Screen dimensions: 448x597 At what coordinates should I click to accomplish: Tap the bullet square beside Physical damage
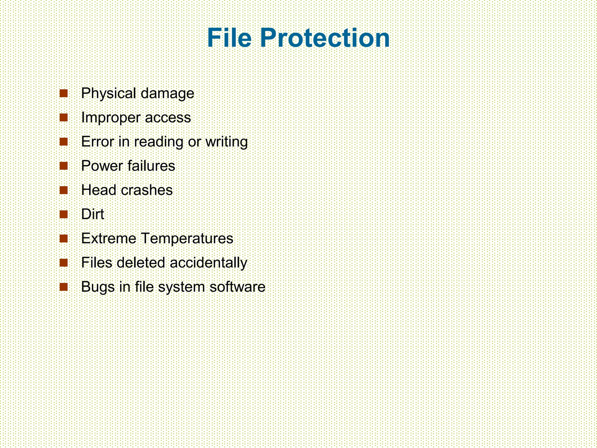[x=64, y=94]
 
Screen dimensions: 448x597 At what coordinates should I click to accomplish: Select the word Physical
[x=109, y=94]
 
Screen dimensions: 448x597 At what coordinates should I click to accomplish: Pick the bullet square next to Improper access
[x=64, y=118]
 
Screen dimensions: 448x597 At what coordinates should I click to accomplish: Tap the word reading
[x=159, y=142]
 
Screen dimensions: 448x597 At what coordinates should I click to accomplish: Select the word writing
[x=226, y=142]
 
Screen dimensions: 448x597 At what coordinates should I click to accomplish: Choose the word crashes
[x=147, y=190]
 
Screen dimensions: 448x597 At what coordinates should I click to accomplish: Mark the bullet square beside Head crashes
[x=64, y=190]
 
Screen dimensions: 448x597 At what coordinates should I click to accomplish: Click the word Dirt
[x=92, y=214]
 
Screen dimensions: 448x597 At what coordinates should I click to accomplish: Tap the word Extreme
[x=109, y=238]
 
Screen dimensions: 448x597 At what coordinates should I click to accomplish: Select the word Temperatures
[x=187, y=239]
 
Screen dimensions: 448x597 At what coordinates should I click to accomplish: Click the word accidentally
[x=208, y=263]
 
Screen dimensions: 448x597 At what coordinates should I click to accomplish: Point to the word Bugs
[x=98, y=287]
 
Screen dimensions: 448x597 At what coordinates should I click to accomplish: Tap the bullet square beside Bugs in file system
[x=64, y=287]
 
